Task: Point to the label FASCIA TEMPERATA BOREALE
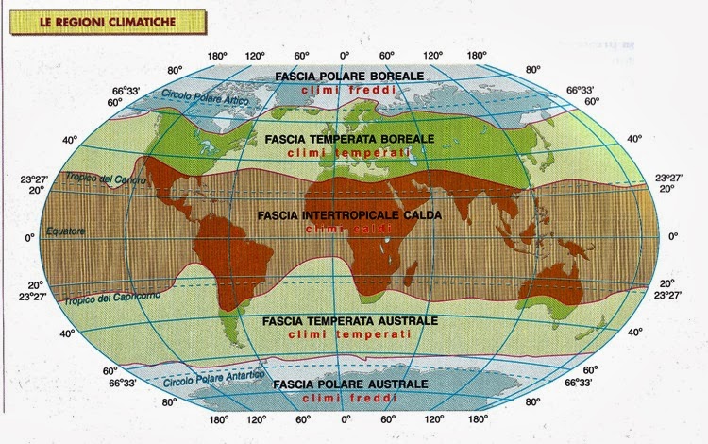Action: [349, 138]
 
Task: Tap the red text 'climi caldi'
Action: [351, 229]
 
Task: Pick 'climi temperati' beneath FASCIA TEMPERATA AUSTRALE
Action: [351, 335]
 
